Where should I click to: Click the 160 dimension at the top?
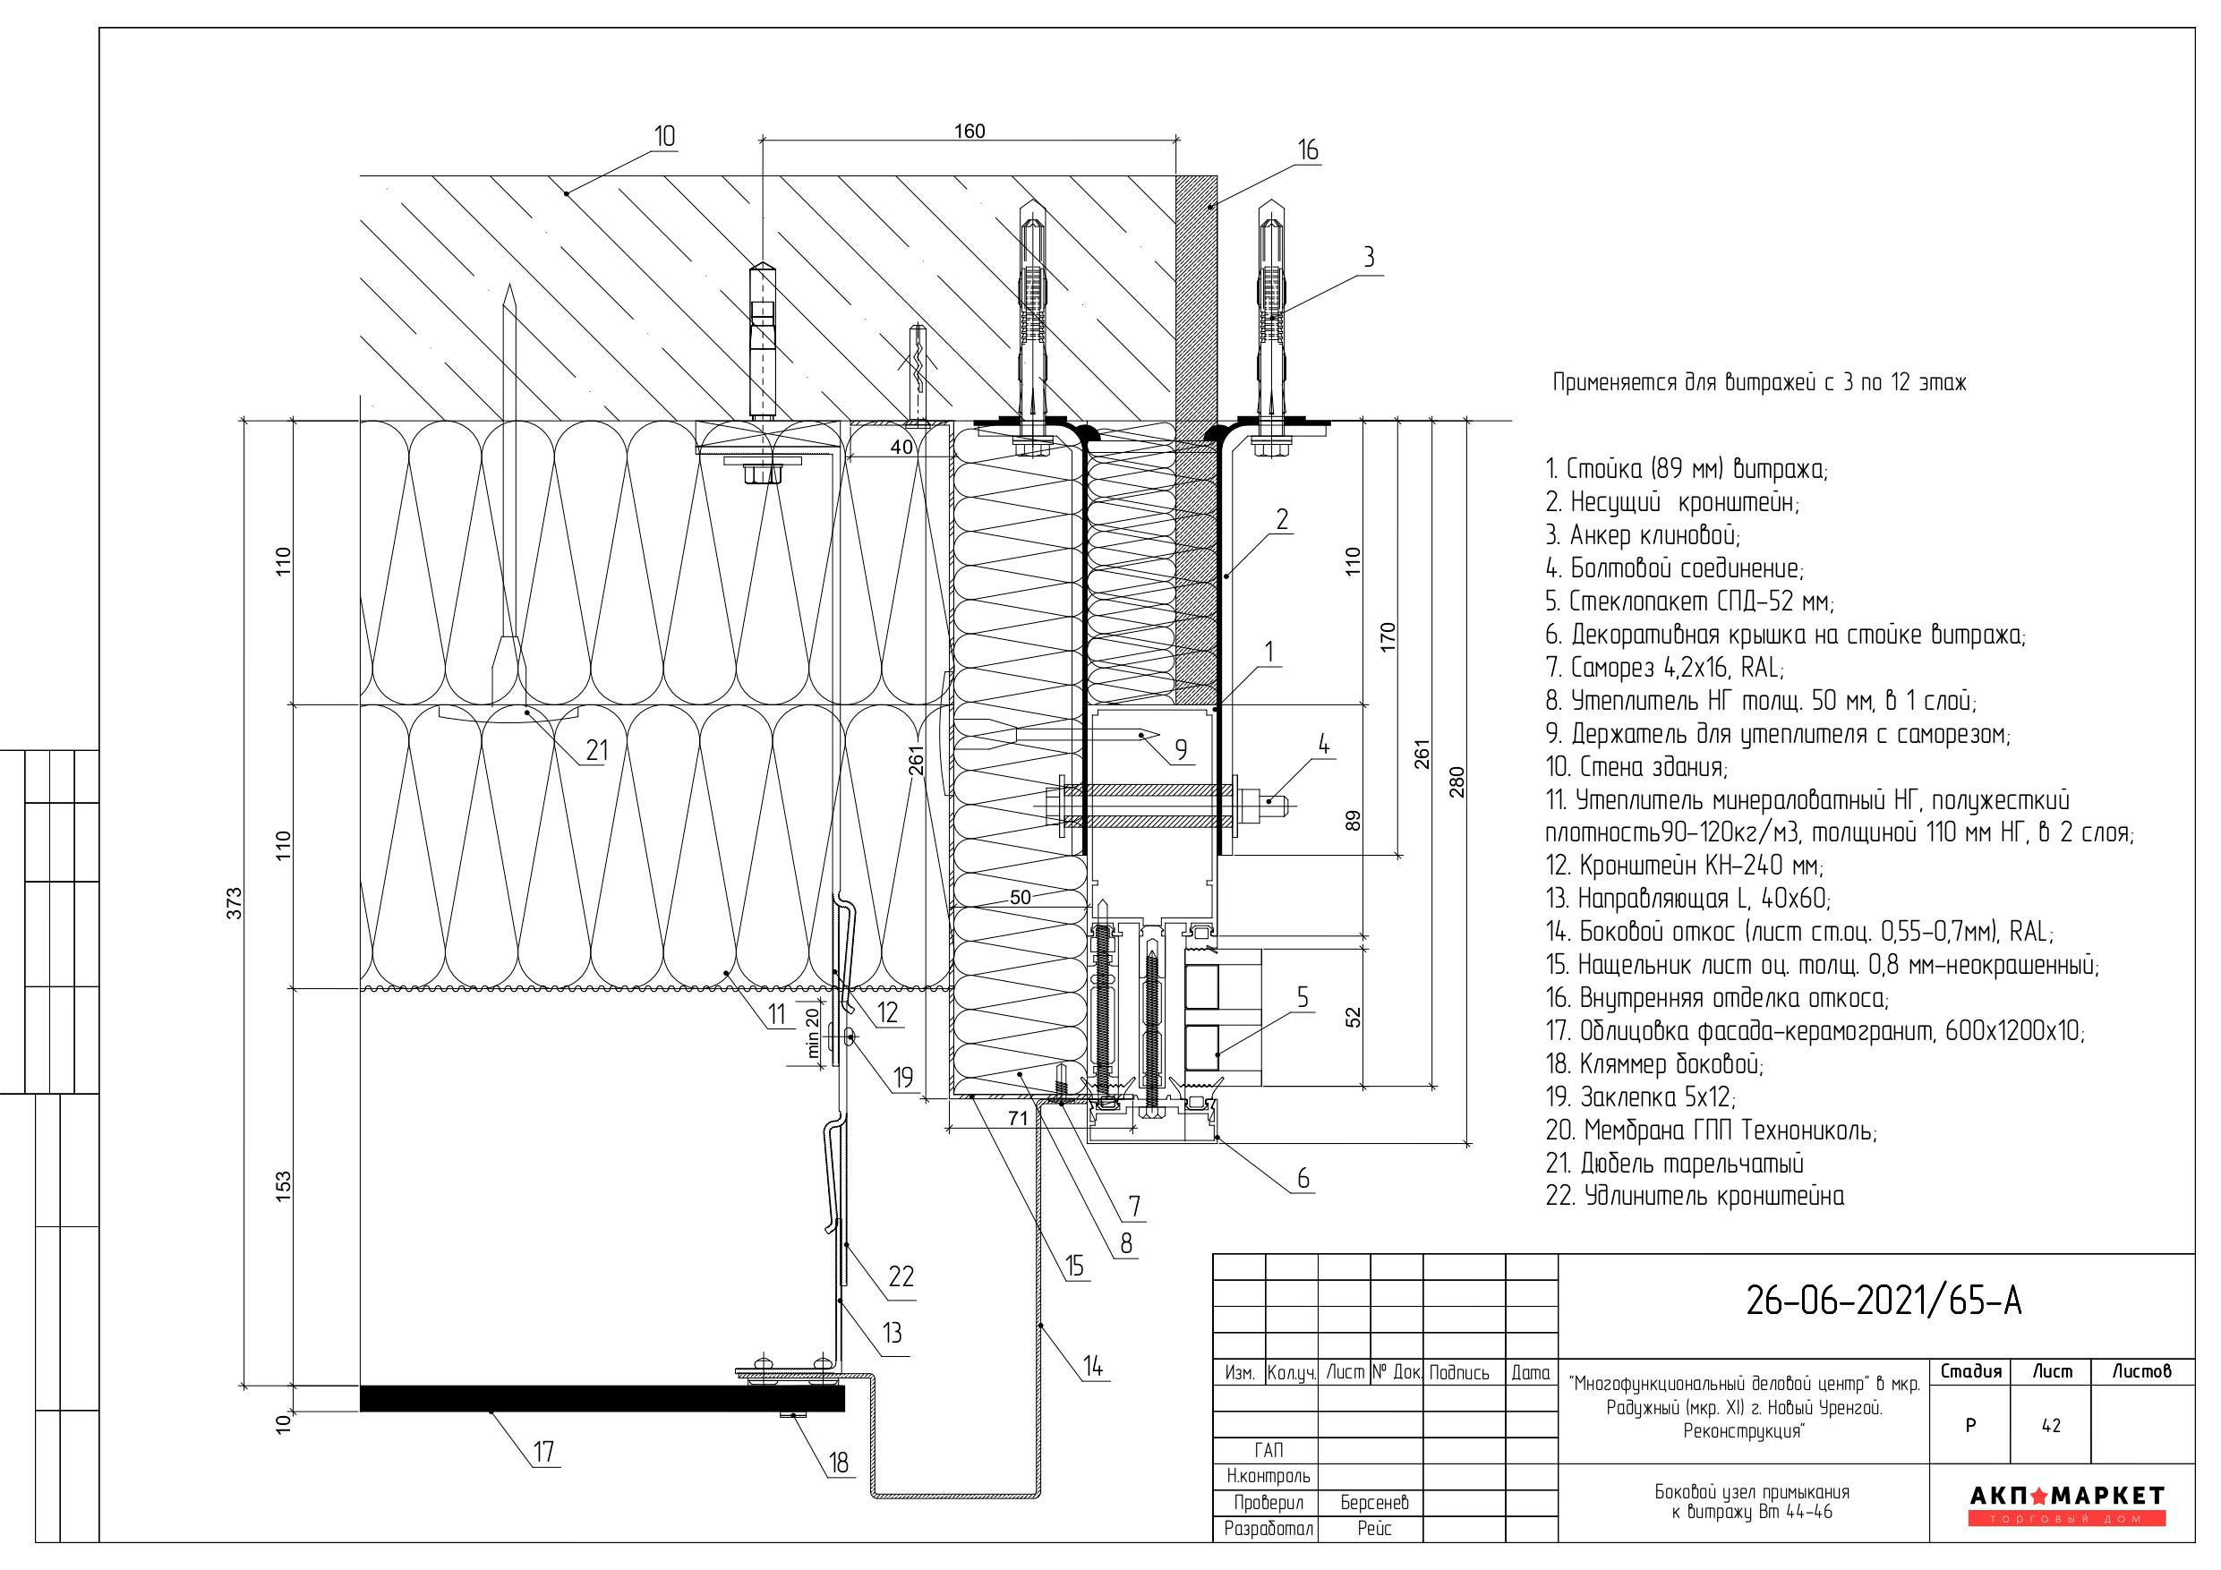click(970, 132)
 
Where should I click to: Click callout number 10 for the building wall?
click(664, 136)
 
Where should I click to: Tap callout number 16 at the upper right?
click(1308, 150)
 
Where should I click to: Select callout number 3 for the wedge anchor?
click(1368, 257)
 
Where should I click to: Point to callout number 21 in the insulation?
click(597, 750)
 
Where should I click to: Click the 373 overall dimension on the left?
click(234, 902)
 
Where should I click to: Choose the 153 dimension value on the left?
click(284, 1187)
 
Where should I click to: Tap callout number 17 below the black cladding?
click(543, 1451)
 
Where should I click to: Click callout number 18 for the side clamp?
click(839, 1463)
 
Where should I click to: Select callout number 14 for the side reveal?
click(1092, 1366)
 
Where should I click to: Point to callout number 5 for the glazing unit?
click(1302, 997)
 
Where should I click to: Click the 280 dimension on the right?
click(1456, 781)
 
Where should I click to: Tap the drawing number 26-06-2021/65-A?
click(1884, 1301)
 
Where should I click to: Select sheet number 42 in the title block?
click(2051, 1426)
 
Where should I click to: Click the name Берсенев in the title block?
click(1373, 1502)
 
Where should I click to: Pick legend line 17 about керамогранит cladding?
click(1815, 1031)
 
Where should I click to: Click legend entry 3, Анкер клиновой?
click(1643, 535)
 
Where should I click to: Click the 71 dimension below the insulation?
click(1018, 1118)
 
